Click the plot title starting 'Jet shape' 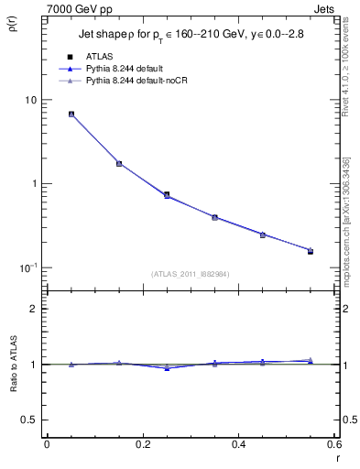point(188,38)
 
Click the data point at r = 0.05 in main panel point(71,115)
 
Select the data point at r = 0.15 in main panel point(119,164)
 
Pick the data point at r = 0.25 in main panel point(167,194)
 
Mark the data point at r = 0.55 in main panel point(310,250)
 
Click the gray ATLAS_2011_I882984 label point(191,273)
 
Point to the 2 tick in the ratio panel point(33,309)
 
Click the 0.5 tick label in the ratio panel point(29,420)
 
